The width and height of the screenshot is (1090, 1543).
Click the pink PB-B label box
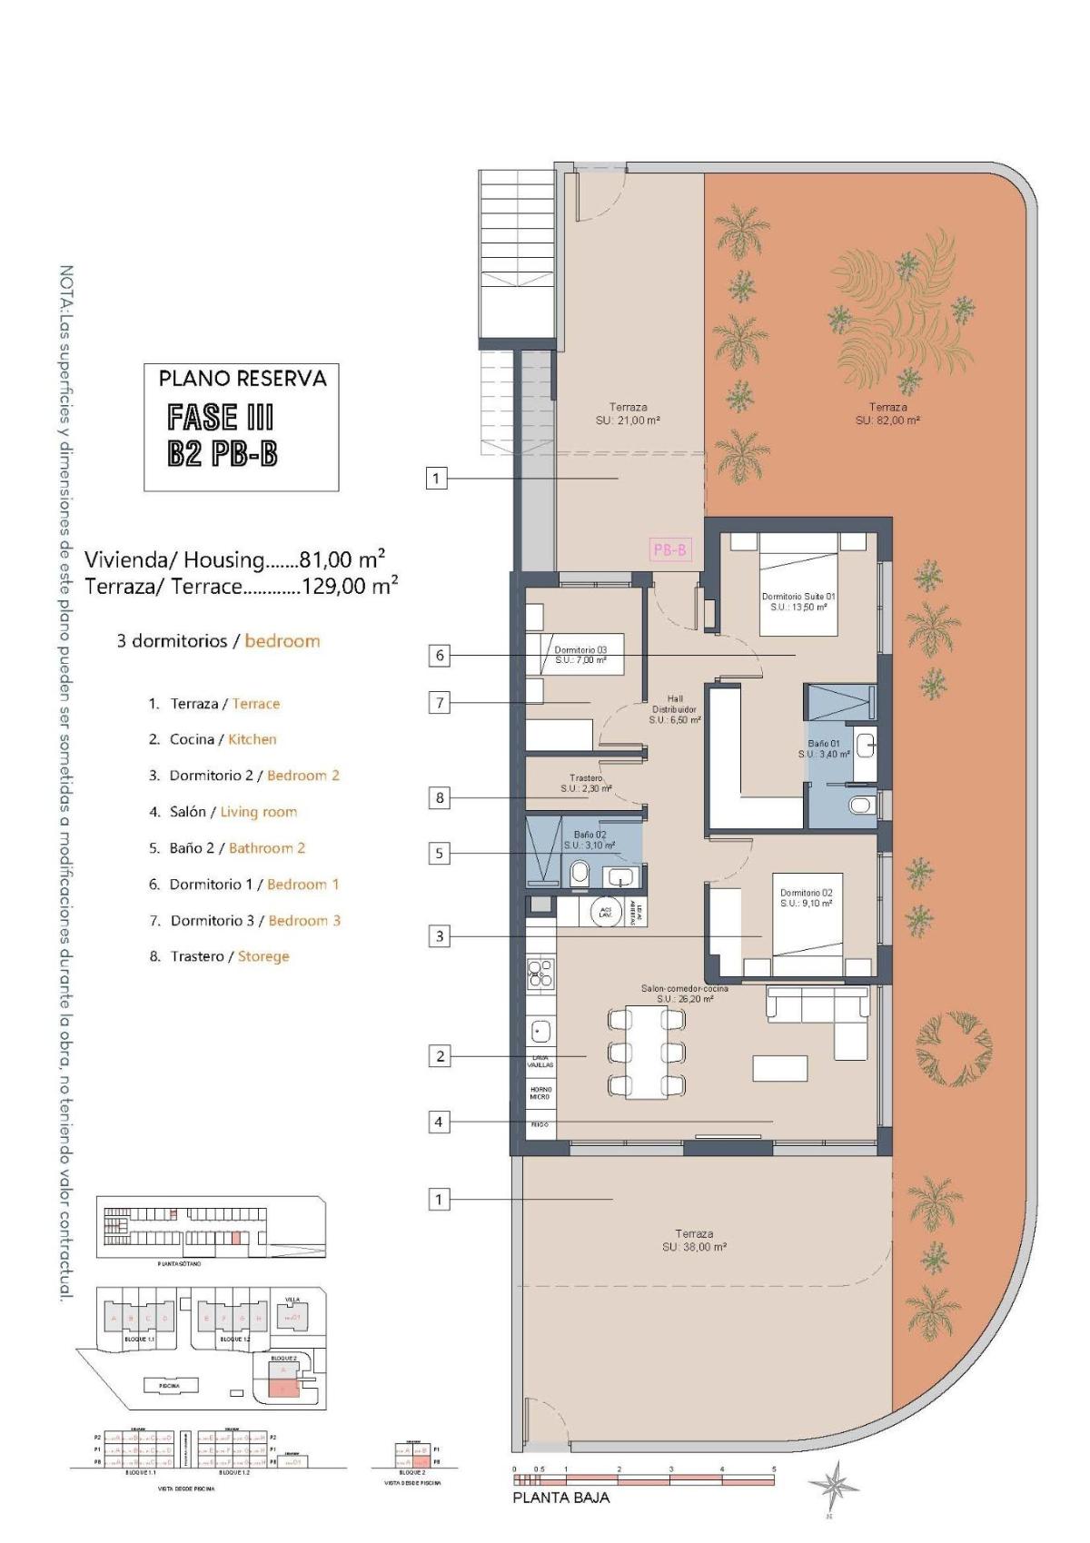pyautogui.click(x=670, y=549)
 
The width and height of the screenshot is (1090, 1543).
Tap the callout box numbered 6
pyautogui.click(x=440, y=655)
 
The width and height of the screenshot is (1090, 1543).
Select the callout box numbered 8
pyautogui.click(x=440, y=797)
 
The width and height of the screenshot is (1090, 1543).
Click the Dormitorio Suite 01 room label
pyautogui.click(x=798, y=601)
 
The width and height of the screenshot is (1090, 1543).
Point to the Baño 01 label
pyautogui.click(x=824, y=748)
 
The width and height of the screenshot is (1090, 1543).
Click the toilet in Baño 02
pyautogui.click(x=580, y=875)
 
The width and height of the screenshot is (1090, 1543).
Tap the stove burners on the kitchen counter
pyautogui.click(x=540, y=973)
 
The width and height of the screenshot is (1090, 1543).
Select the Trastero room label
pyautogui.click(x=586, y=783)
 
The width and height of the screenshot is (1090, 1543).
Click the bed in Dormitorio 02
pyautogui.click(x=808, y=922)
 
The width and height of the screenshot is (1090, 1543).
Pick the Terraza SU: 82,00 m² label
pyautogui.click(x=887, y=413)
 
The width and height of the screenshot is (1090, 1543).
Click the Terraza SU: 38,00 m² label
pyautogui.click(x=694, y=1240)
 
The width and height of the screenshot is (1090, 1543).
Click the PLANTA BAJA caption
pyautogui.click(x=560, y=1498)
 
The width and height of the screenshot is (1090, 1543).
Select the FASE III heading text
pyautogui.click(x=221, y=418)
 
